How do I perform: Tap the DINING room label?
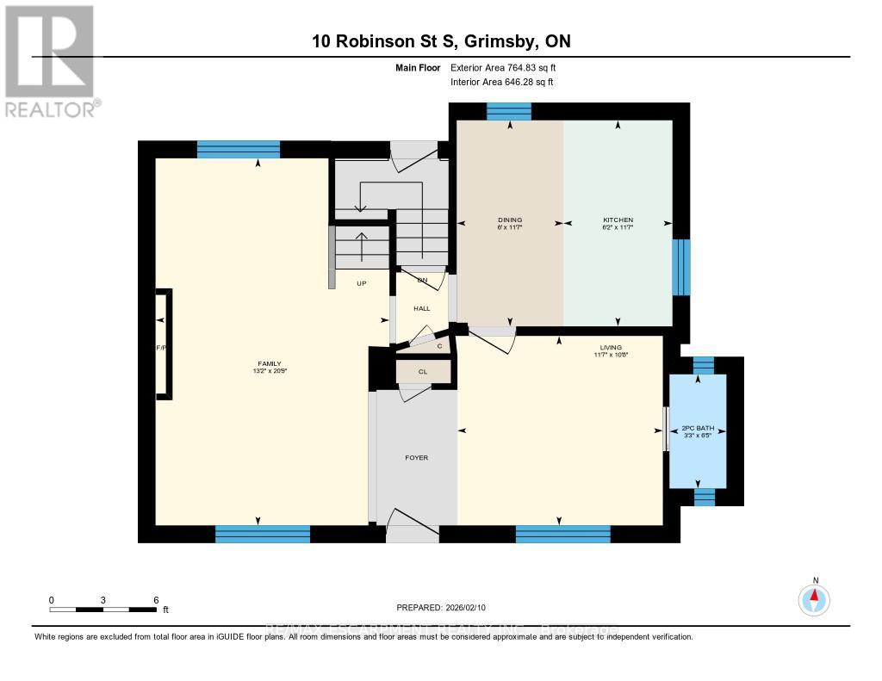pos(509,220)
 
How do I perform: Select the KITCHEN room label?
pos(618,220)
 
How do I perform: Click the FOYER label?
pos(416,457)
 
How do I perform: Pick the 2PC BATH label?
pos(698,428)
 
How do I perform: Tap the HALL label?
pos(421,307)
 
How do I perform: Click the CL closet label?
pos(422,372)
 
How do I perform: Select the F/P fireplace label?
pos(160,347)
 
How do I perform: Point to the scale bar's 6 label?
pos(156,599)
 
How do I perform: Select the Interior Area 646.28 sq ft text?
pos(501,82)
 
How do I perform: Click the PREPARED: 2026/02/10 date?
pos(441,607)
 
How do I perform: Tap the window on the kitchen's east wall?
pos(681,267)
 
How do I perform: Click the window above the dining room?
pos(508,111)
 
